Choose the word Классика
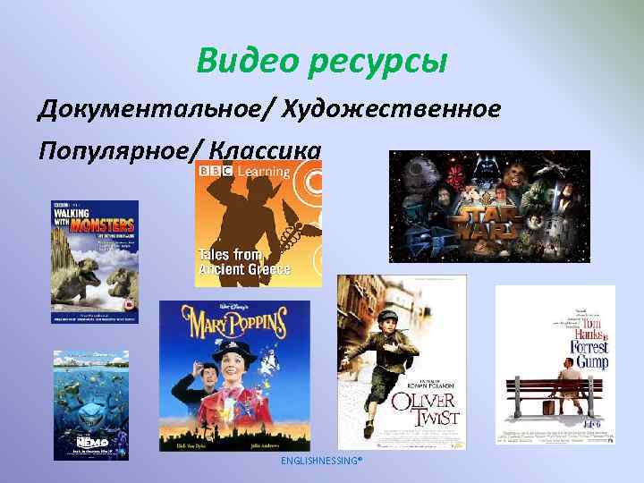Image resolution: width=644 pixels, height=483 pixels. [263, 148]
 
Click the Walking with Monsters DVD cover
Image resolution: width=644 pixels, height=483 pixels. [95, 261]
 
